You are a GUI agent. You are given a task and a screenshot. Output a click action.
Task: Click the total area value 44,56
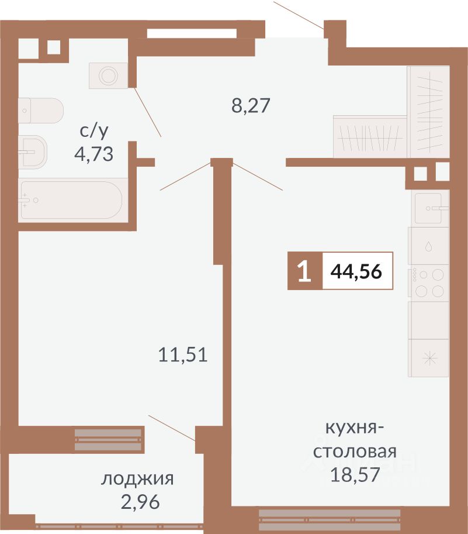(356, 271)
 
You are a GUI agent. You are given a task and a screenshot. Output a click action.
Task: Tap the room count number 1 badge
(305, 271)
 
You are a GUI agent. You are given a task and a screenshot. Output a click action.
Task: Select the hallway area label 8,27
(251, 105)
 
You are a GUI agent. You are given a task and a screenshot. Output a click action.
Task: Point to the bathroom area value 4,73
(93, 154)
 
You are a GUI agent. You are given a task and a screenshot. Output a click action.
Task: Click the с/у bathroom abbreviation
(94, 130)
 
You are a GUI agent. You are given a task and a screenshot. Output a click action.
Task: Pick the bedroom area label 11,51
(183, 354)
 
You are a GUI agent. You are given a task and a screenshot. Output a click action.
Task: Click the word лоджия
(137, 478)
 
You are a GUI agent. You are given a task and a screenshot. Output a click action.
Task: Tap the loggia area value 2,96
(140, 502)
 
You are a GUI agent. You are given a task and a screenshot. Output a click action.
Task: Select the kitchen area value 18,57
(355, 475)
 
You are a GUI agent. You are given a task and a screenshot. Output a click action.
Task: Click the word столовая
(355, 452)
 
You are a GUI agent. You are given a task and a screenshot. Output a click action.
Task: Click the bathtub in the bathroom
(71, 200)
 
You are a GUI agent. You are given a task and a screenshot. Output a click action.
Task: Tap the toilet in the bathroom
(41, 111)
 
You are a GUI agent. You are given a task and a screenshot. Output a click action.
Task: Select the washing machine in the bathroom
(109, 75)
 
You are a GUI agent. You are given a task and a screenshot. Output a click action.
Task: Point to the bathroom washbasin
(33, 152)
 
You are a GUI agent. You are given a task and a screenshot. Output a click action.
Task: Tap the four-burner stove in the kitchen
(428, 283)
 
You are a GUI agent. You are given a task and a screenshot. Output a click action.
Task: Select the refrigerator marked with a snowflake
(428, 358)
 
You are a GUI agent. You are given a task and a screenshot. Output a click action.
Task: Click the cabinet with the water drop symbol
(428, 246)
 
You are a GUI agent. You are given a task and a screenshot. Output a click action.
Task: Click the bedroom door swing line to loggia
(172, 428)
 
